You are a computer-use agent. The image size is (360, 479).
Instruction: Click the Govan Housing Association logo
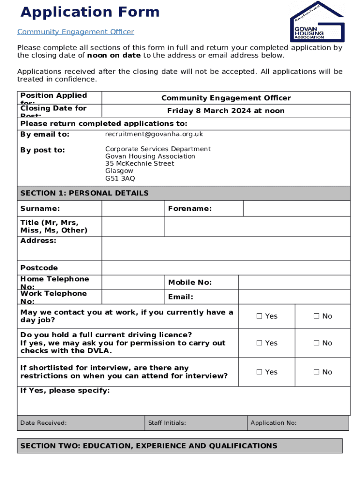click(317, 22)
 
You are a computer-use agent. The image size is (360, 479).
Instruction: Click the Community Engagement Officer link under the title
click(75, 32)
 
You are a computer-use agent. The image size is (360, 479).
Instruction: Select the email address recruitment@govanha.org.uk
click(154, 134)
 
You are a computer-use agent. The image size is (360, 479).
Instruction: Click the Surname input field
click(133, 209)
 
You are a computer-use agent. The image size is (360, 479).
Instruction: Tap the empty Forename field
click(296, 209)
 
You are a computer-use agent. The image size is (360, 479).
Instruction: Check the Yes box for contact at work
click(259, 316)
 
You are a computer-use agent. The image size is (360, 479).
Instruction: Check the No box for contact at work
click(316, 316)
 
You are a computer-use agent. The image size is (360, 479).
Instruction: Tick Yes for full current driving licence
click(259, 343)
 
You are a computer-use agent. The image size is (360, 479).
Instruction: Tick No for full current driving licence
click(316, 343)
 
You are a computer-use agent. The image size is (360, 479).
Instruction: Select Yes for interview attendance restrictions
click(259, 372)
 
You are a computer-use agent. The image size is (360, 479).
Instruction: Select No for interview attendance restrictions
click(316, 372)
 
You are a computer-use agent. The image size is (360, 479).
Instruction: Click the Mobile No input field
click(294, 283)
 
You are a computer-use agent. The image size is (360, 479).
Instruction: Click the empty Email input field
click(294, 297)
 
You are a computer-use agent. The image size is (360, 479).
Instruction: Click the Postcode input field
click(225, 268)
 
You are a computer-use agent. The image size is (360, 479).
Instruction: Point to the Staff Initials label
click(167, 423)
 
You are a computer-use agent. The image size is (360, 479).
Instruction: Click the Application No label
click(273, 423)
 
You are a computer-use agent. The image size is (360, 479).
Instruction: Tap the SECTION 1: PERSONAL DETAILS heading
click(84, 193)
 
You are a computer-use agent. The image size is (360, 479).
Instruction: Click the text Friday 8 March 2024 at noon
click(226, 111)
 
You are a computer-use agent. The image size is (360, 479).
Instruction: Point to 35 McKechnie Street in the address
click(139, 164)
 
